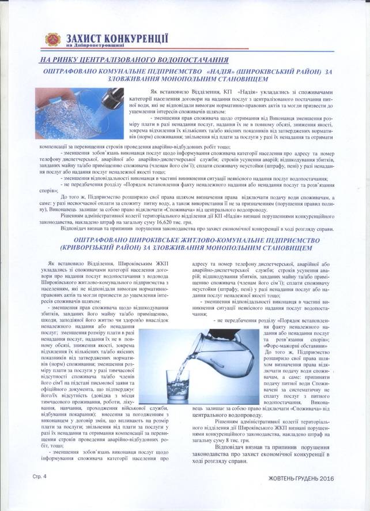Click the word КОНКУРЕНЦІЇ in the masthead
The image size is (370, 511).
(135, 38)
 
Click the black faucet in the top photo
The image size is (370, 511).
(112, 96)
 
